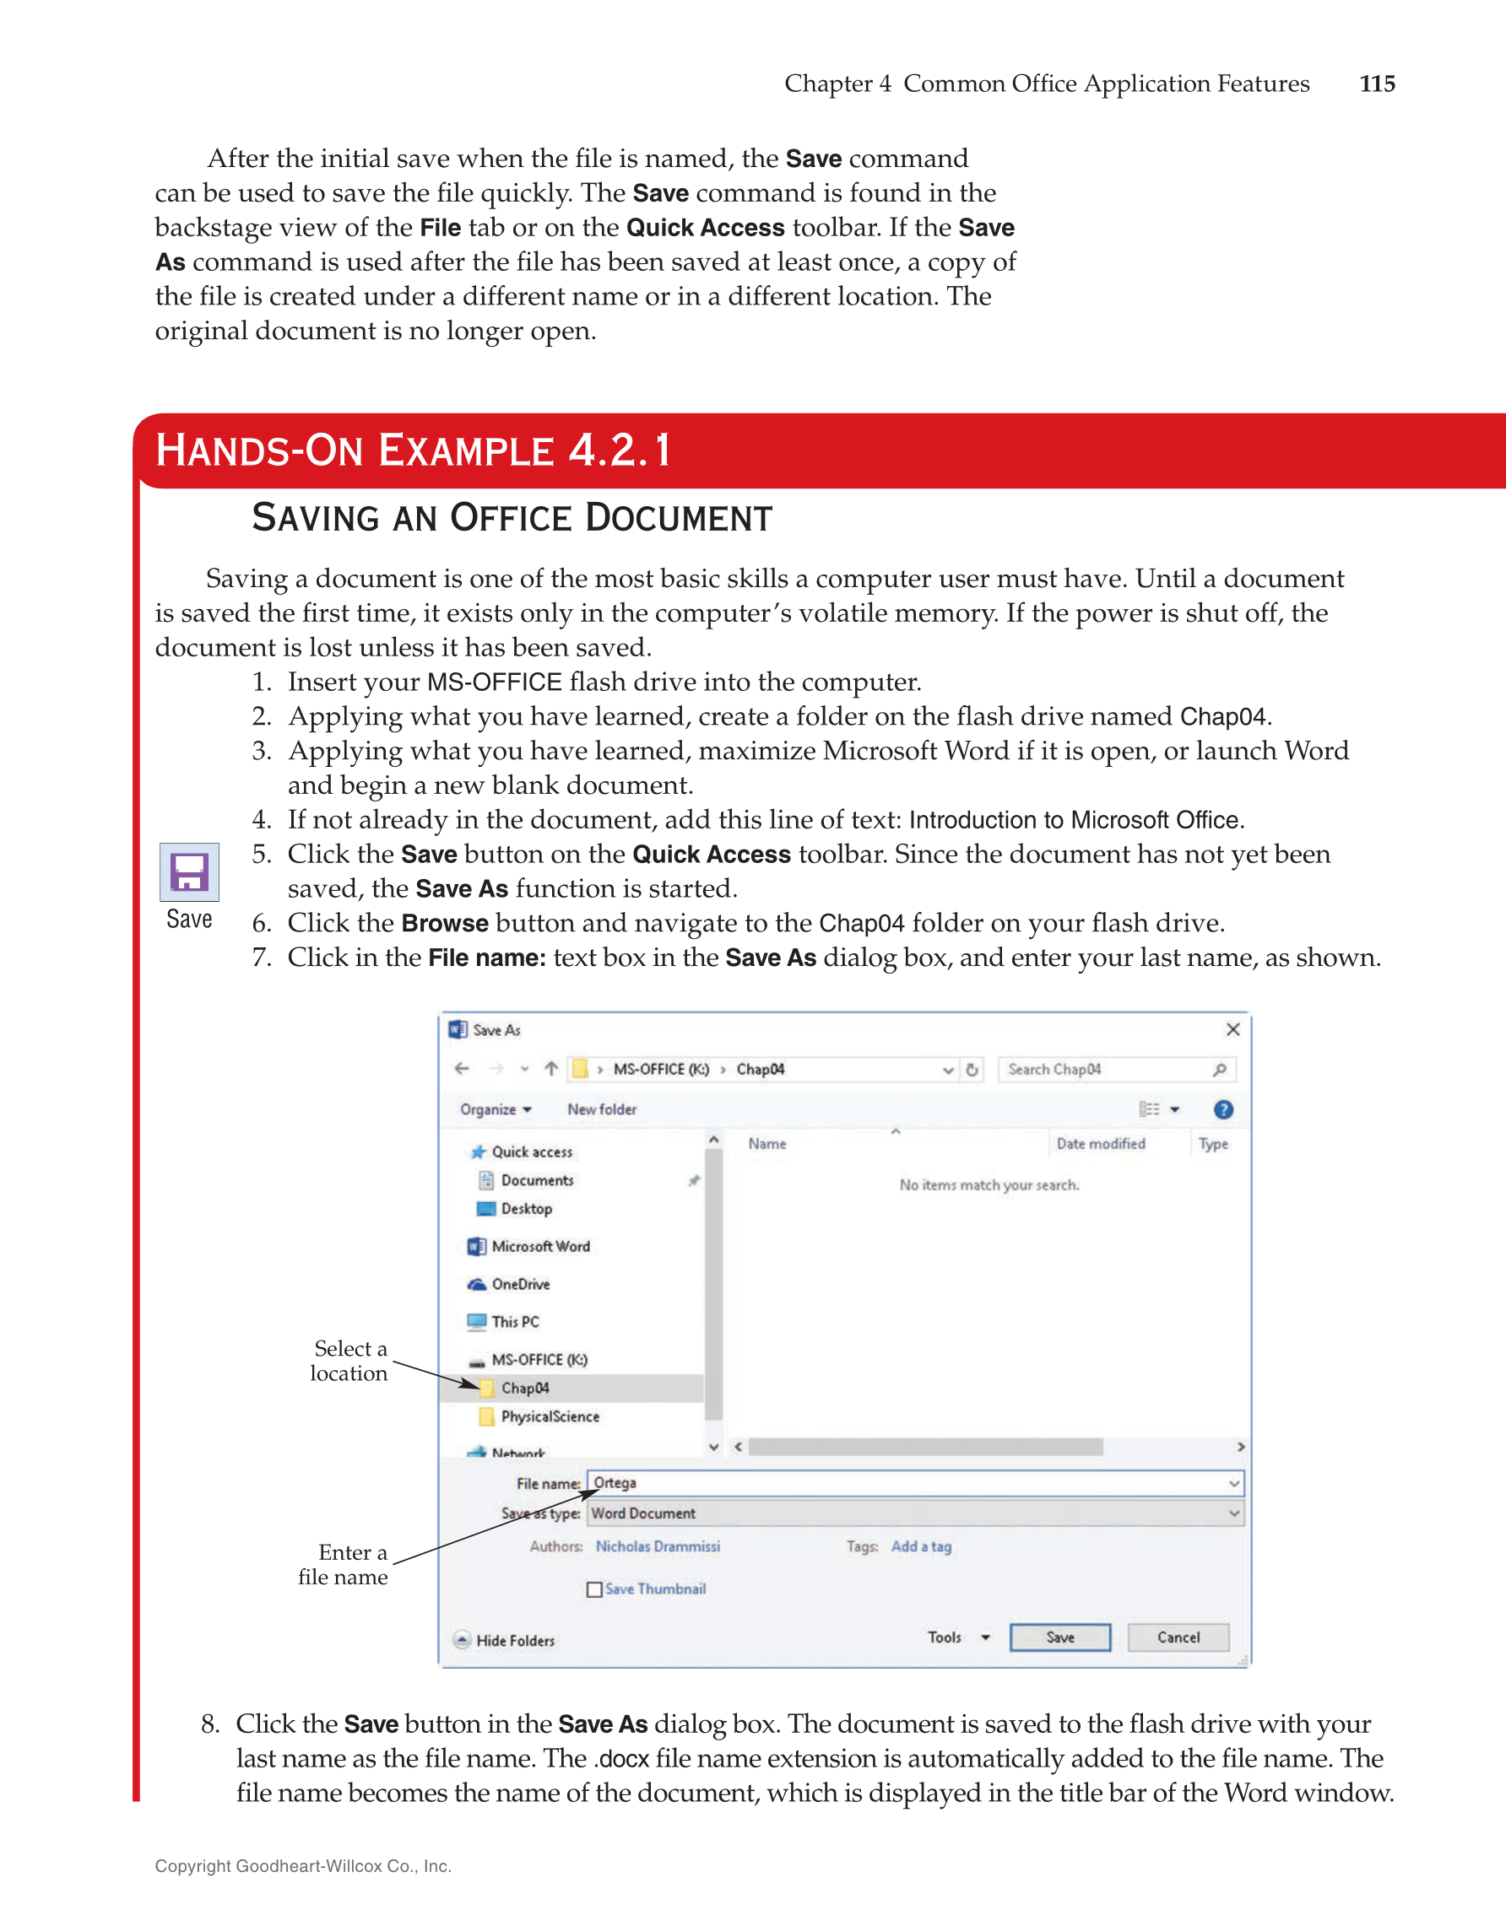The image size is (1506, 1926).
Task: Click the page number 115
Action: (1375, 84)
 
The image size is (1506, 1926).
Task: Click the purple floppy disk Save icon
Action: (189, 872)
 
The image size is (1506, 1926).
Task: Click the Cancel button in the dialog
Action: (1177, 1637)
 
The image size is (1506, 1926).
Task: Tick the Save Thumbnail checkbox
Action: (593, 1589)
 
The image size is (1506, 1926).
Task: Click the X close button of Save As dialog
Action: (1232, 1029)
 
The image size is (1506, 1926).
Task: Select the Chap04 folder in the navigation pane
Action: (525, 1387)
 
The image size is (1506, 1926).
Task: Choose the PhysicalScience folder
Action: (549, 1416)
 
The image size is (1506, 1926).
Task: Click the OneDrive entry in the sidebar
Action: (520, 1284)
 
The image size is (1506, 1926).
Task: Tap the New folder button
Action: (601, 1109)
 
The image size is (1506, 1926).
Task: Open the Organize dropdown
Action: (495, 1109)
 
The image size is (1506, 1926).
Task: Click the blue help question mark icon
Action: (1223, 1109)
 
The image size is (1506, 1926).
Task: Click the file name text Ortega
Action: (615, 1482)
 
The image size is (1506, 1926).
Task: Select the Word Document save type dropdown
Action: (914, 1513)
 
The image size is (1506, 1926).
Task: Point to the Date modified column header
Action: (1100, 1143)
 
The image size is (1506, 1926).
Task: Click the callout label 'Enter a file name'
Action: (344, 1564)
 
